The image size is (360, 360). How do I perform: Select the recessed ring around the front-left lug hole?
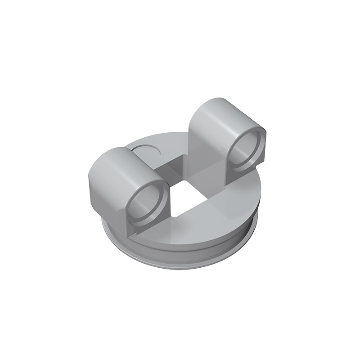[135, 211]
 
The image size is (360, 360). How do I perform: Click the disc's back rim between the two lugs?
[175, 137]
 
